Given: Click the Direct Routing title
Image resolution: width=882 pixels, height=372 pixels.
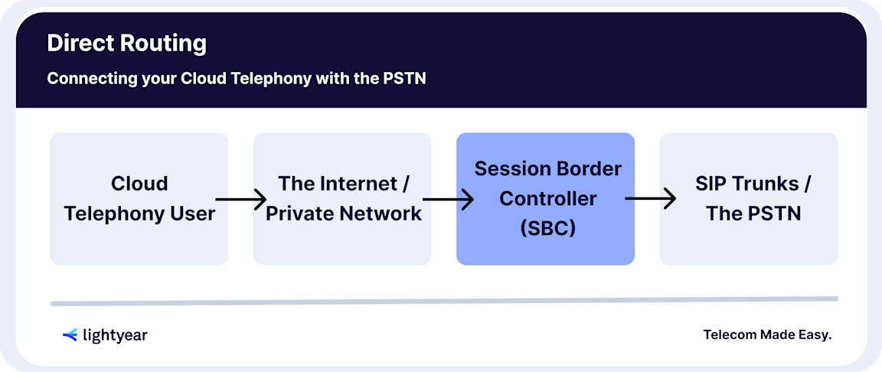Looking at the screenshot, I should tap(126, 43).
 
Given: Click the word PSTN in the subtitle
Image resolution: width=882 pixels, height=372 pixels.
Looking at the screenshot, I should tap(403, 79).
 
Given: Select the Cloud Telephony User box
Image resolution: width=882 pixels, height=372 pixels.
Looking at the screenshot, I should tap(139, 199).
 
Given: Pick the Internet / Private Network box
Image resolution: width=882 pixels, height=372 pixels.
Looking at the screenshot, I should tap(342, 199).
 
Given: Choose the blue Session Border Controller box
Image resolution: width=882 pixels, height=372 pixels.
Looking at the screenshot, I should tap(545, 199).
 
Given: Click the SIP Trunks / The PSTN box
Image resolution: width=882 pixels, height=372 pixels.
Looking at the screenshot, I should tap(749, 199).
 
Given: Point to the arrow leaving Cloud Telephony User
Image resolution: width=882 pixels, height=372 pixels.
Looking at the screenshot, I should tap(240, 200).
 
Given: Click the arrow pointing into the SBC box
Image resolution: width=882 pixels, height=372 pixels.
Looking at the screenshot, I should tap(448, 200).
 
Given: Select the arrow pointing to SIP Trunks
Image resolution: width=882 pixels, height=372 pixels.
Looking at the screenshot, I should tap(651, 200).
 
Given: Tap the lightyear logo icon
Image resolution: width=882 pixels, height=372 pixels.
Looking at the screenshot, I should tap(70, 334).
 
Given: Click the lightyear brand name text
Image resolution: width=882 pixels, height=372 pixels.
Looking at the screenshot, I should tap(115, 335).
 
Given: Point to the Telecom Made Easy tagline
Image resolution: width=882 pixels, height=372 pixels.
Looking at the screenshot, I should tap(767, 334).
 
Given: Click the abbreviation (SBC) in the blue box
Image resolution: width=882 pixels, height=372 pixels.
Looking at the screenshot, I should tap(547, 229).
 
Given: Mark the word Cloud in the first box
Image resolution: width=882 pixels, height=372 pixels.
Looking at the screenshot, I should tap(139, 184).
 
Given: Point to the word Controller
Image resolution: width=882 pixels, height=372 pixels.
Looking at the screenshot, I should tap(547, 199).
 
